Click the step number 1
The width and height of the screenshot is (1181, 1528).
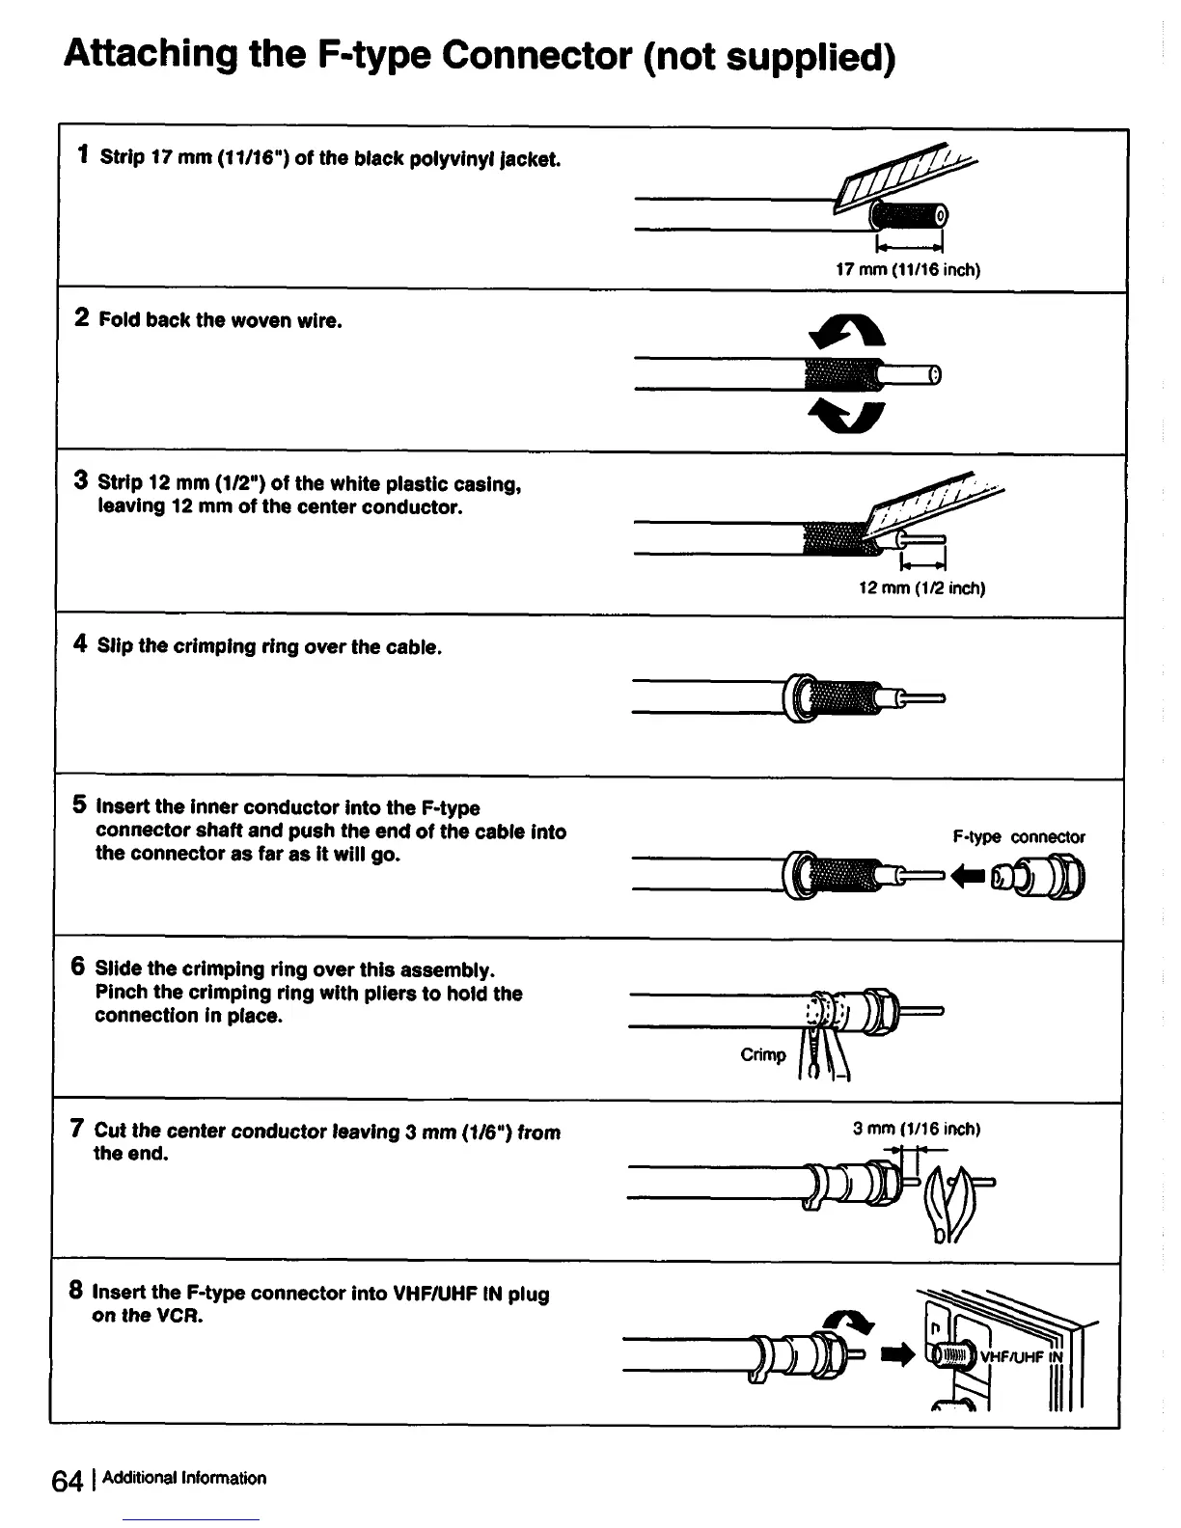(85, 154)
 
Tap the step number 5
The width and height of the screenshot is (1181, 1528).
(81, 805)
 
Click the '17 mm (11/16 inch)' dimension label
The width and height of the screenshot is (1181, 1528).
(907, 270)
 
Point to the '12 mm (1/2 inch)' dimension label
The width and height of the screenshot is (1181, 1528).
(921, 588)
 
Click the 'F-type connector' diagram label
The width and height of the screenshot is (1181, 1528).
(1018, 837)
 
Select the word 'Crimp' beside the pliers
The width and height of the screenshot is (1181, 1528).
(763, 1054)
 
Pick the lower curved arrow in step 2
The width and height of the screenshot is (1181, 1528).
(846, 415)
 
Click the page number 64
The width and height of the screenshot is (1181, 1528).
(69, 1481)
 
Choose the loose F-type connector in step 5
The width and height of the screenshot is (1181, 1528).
(1042, 877)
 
